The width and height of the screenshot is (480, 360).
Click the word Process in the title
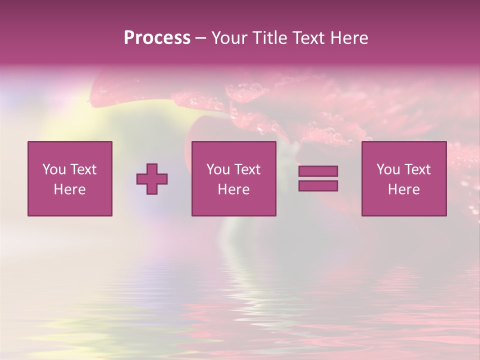(157, 38)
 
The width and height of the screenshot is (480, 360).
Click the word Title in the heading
(269, 38)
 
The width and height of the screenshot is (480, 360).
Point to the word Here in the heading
(349, 38)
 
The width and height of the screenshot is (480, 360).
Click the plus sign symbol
(152, 179)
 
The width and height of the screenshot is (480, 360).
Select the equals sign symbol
(318, 178)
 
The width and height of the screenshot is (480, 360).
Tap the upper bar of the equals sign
(318, 171)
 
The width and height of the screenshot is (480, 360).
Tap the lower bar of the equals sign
(318, 185)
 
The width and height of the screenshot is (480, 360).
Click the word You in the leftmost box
(54, 169)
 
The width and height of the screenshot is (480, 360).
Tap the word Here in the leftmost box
(70, 189)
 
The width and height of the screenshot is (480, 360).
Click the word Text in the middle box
(247, 169)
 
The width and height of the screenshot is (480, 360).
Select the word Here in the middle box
(234, 189)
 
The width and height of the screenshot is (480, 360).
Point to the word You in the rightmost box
(388, 169)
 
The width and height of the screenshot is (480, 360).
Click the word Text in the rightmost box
(417, 169)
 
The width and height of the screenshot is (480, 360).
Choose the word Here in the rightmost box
(404, 189)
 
